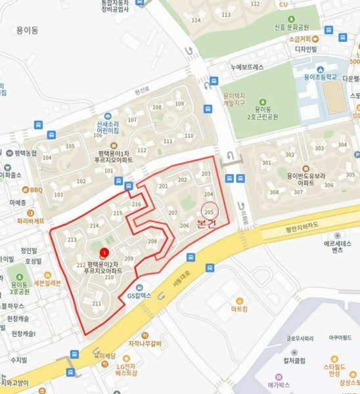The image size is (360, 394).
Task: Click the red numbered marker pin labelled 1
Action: pyautogui.click(x=103, y=253)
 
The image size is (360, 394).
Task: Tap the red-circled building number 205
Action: pyautogui.click(x=210, y=211)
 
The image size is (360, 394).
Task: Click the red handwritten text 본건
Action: pyautogui.click(x=206, y=225)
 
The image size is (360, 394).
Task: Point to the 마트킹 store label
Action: pyautogui.click(x=239, y=309)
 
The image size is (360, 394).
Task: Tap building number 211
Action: pyautogui.click(x=97, y=303)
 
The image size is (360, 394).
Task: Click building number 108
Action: pyautogui.click(x=157, y=107)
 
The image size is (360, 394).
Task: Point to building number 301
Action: pyautogui.click(x=265, y=163)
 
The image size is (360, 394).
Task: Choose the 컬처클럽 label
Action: pyautogui.click(x=294, y=360)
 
